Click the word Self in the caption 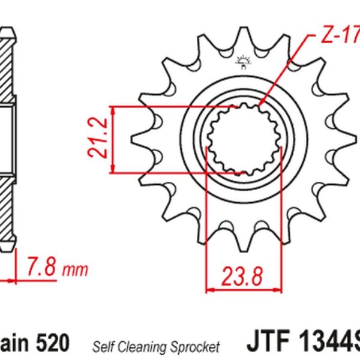[103, 346]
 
